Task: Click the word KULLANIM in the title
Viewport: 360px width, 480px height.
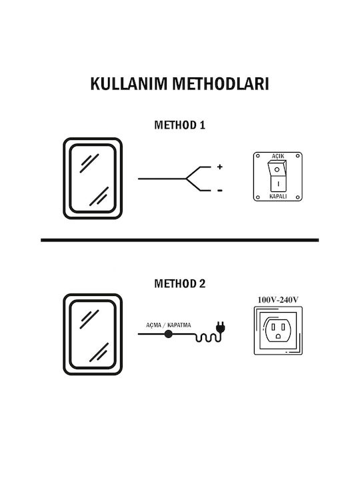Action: pos(129,83)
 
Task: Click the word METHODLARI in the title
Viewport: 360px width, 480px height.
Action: pos(221,83)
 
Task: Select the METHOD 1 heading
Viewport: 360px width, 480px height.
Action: pos(180,125)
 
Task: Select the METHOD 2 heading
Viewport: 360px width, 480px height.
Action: pos(180,283)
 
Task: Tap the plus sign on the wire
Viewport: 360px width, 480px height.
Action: pos(219,167)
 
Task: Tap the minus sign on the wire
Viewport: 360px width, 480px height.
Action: pos(220,191)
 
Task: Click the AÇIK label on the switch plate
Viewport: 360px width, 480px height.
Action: pos(278,156)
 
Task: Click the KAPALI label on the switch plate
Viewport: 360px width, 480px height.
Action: pos(278,196)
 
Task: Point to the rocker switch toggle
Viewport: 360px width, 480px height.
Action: pos(277,176)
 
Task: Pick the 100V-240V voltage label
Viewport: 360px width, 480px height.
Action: pos(278,300)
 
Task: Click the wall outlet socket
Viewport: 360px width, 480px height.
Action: pos(278,330)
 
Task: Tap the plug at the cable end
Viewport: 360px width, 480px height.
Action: pos(221,327)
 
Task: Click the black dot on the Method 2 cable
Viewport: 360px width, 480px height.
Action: pos(168,334)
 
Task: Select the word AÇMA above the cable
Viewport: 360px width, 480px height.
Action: pos(154,325)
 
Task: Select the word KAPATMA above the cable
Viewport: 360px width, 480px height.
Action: pos(179,325)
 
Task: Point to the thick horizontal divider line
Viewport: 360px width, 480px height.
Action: pos(180,240)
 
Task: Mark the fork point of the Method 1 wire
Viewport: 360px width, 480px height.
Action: pos(186,179)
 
